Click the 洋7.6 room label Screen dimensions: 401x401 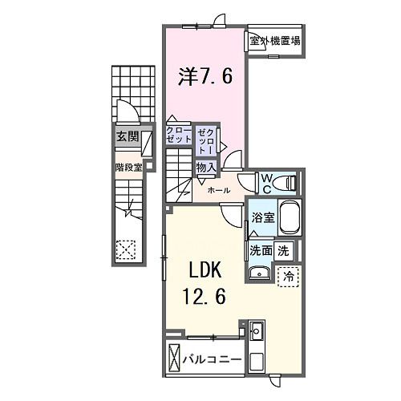coord(205,78)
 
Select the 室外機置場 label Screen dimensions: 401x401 coord(274,41)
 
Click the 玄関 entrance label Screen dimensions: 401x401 coord(126,136)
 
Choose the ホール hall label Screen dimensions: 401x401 coord(220,191)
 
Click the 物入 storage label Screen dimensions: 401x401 coord(206,168)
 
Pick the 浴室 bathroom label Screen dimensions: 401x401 coord(263,217)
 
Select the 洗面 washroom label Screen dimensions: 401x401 coord(261,250)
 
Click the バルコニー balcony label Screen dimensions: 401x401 coord(213,358)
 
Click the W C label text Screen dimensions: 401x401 coord(265,183)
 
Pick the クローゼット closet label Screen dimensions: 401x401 coord(178,134)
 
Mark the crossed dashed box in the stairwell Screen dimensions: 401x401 coord(125,249)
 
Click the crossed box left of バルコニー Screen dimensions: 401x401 coord(175,358)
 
